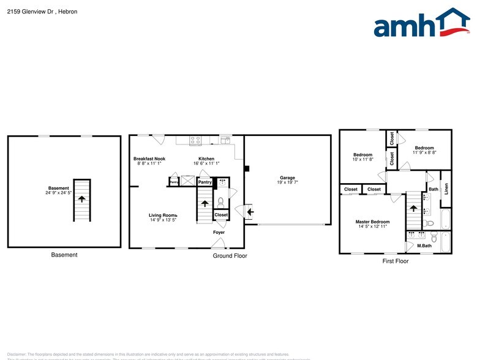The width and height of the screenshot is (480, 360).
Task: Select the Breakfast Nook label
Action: [x=149, y=159]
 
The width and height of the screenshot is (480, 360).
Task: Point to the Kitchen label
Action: [x=206, y=159]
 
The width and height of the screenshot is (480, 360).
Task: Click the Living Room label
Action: [x=163, y=215]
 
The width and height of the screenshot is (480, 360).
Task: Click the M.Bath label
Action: [x=424, y=246]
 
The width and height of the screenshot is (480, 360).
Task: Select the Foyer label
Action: [x=219, y=233]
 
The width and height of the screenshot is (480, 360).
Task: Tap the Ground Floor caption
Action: [x=230, y=256]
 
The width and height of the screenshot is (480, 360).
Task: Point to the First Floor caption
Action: [x=395, y=261]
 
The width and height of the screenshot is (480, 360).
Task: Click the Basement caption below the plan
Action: [x=64, y=255]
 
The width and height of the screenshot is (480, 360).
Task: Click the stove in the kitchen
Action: [x=195, y=140]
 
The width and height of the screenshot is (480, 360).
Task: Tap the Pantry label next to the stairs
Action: [x=205, y=182]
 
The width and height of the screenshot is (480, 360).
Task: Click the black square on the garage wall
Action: [x=246, y=168]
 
